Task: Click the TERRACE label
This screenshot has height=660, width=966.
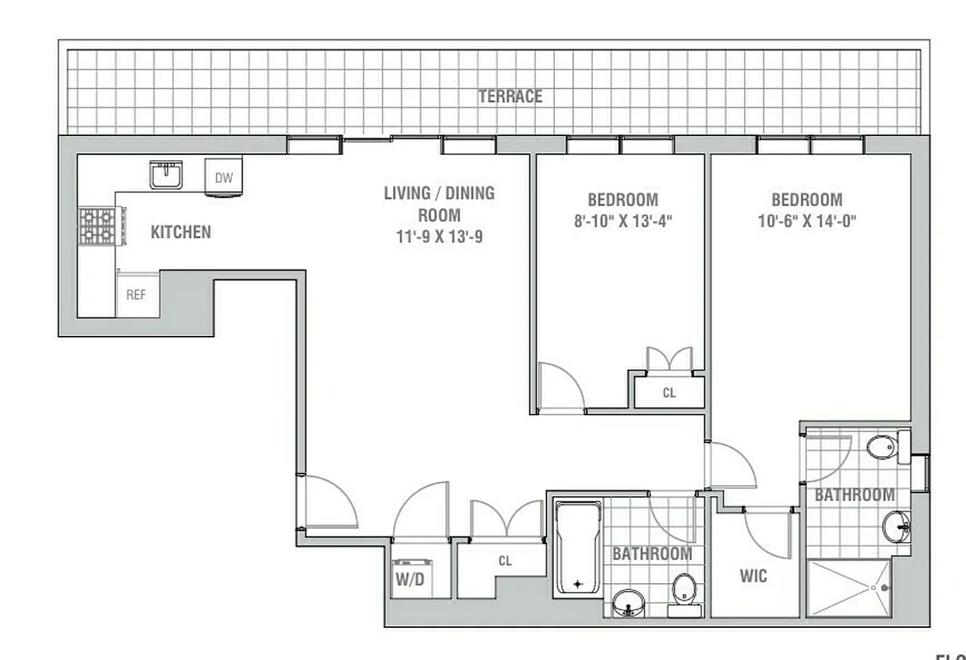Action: coord(510,97)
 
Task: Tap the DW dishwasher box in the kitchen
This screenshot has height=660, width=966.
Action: coord(224,177)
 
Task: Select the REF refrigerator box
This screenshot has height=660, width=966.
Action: coord(136,294)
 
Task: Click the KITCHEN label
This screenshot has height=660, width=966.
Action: coord(180,233)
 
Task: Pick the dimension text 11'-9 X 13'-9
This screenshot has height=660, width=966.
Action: coord(438,237)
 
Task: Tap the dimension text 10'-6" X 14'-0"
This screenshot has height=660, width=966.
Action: coord(807,221)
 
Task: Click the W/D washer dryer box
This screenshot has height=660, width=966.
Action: coord(409,578)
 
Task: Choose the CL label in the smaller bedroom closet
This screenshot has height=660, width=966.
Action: coord(669,394)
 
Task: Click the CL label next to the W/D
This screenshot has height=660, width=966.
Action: coord(504,561)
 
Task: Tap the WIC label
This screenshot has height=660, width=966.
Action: coord(753,576)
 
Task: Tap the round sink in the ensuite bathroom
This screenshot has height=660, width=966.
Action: coord(895,526)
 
